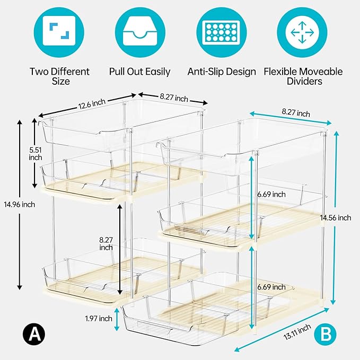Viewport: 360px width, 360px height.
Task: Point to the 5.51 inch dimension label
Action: click(x=36, y=153)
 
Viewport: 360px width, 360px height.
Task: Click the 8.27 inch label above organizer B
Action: click(x=295, y=113)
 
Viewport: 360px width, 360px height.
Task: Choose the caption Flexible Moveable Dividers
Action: click(x=303, y=77)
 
